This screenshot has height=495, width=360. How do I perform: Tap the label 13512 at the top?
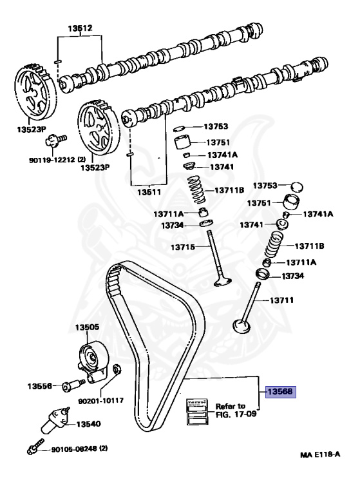[81, 28]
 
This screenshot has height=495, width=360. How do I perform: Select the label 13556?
[39, 387]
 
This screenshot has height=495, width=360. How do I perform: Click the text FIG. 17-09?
[230, 414]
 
